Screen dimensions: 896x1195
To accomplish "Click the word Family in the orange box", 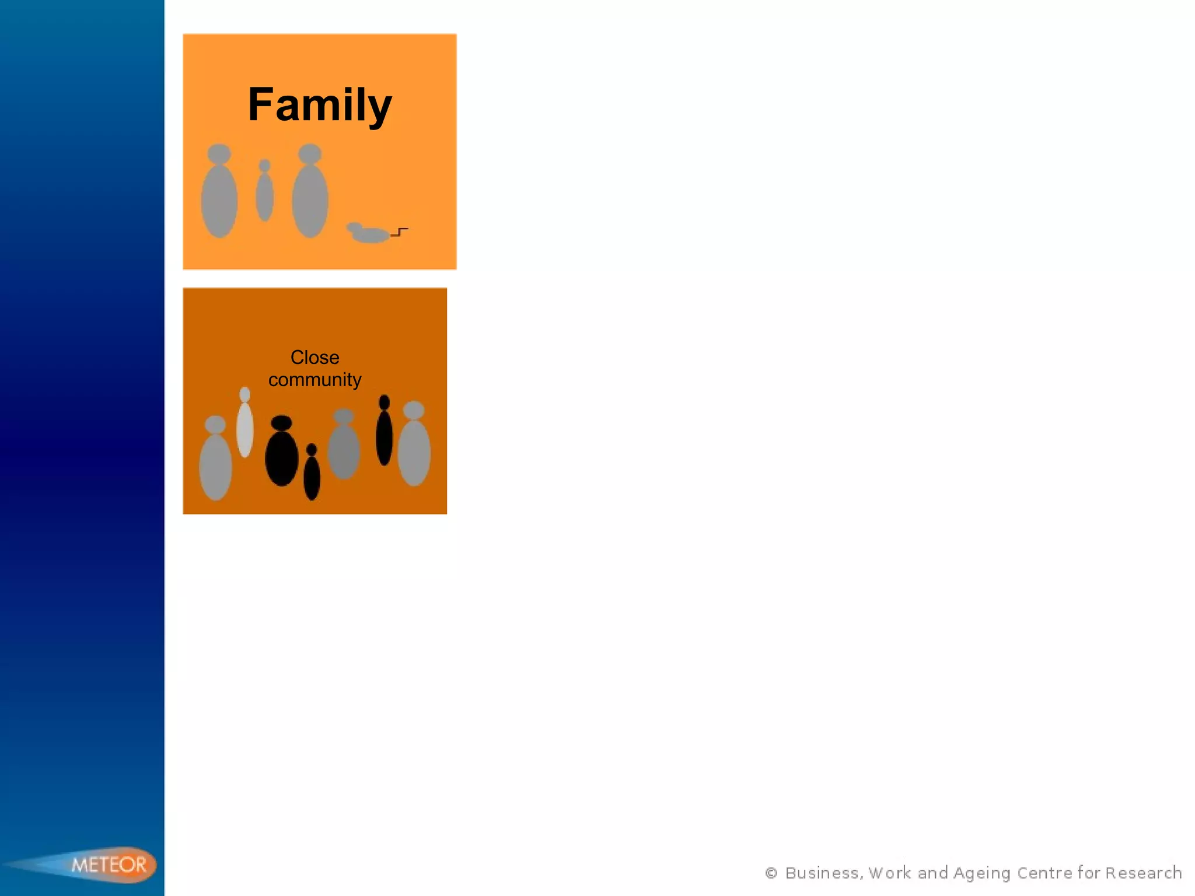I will [320, 105].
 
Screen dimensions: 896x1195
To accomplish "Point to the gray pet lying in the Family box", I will [369, 234].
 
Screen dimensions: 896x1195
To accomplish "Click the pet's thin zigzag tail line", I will [400, 232].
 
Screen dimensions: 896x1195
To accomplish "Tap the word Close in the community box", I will [315, 357].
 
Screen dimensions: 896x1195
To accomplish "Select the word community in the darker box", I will [315, 380].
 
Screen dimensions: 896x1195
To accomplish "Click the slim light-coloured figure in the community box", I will [245, 428].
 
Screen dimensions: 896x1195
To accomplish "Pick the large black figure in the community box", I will [282, 458].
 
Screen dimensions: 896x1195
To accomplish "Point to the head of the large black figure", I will [282, 423].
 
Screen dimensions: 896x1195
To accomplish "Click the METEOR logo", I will [109, 864].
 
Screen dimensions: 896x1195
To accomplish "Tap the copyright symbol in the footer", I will [771, 873].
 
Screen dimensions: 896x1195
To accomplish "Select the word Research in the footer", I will [1143, 873].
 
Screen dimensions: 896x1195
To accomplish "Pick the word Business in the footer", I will [822, 873].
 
